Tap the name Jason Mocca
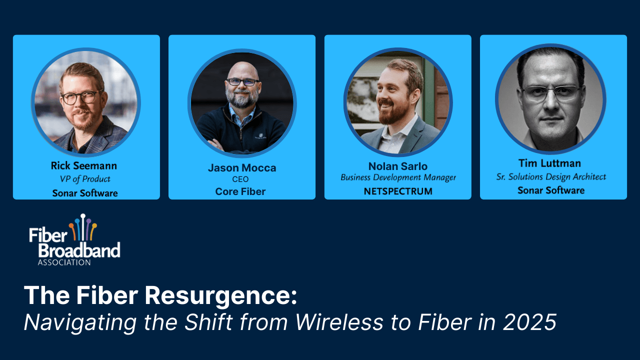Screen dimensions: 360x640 [x=242, y=168]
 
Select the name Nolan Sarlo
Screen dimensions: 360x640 [x=398, y=166]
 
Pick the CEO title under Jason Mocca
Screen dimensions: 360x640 [x=242, y=179]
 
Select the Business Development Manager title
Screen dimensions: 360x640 [x=398, y=178]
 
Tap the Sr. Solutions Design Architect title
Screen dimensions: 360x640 [x=551, y=177]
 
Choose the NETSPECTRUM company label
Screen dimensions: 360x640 [x=398, y=191]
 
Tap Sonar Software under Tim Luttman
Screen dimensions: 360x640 [x=551, y=190]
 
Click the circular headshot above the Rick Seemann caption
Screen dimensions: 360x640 [x=86, y=102]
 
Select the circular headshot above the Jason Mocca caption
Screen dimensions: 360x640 [x=242, y=103]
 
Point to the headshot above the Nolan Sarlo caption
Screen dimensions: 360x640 [x=398, y=102]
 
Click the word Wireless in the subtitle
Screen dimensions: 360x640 [x=340, y=322]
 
